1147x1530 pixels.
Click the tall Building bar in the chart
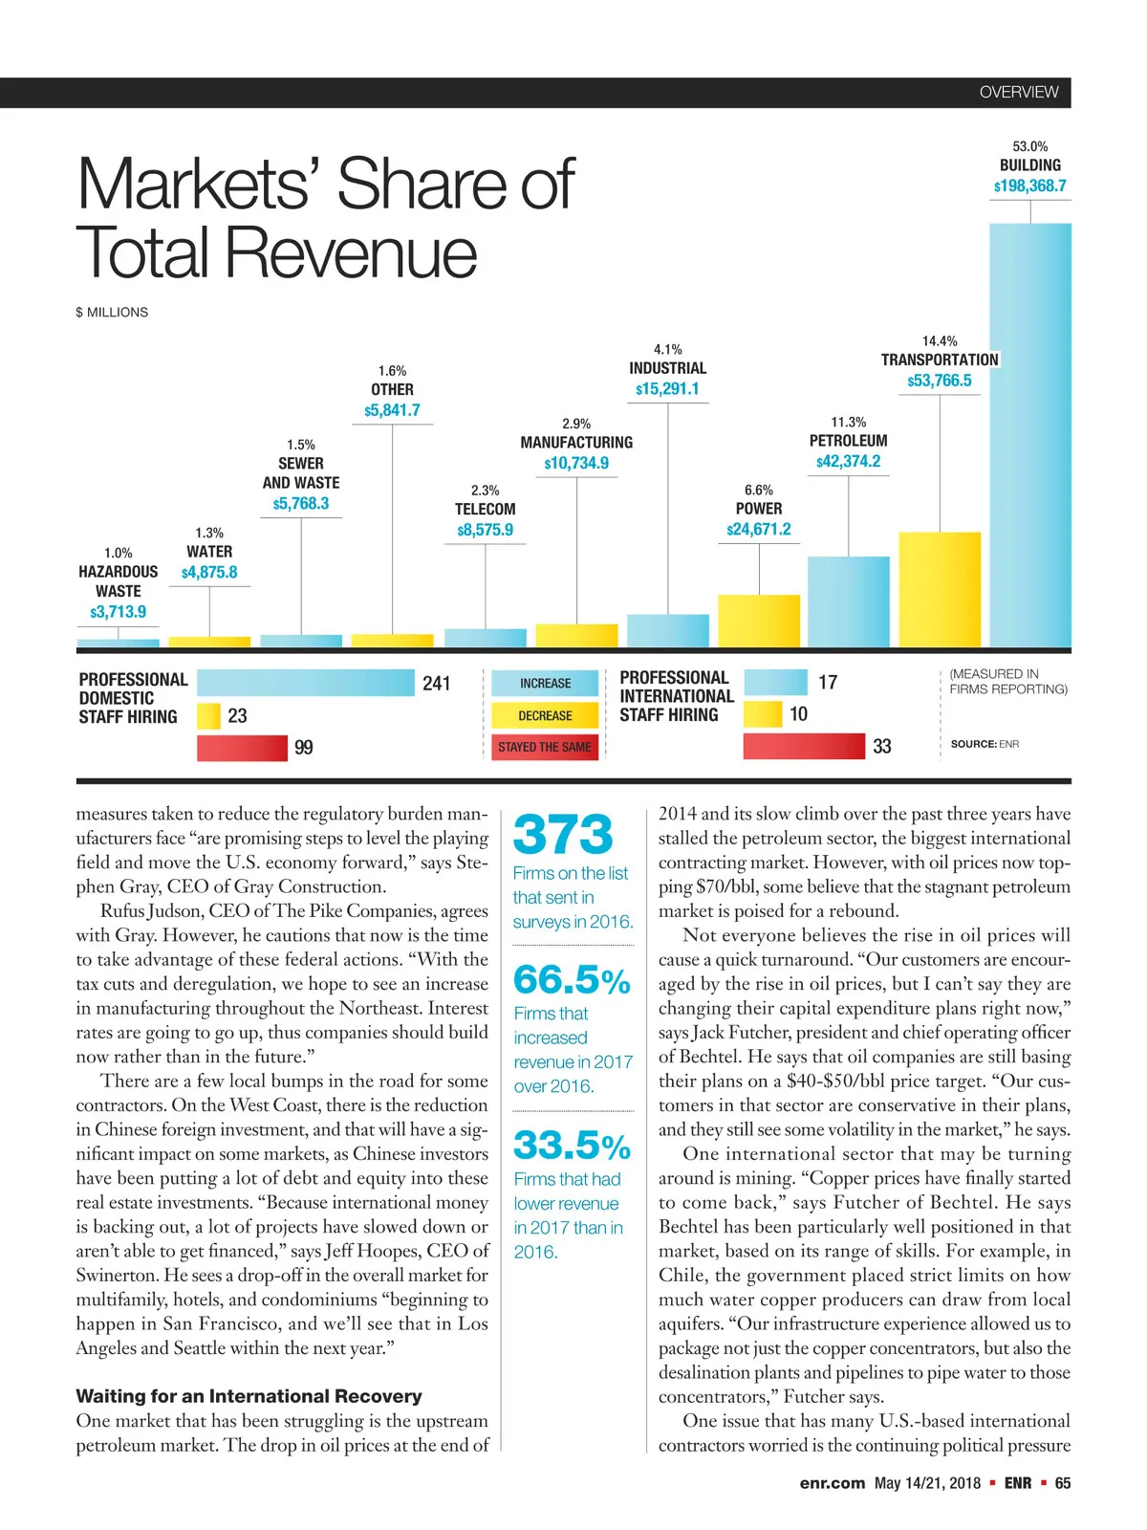click(x=1030, y=435)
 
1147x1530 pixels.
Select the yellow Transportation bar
click(x=940, y=589)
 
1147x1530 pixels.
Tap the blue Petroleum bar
click(x=848, y=601)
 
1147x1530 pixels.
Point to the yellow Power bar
click(x=759, y=621)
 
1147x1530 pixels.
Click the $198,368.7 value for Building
click(x=1030, y=186)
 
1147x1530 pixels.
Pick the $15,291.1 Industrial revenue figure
click(x=667, y=389)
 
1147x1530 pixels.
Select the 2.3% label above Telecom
click(x=485, y=491)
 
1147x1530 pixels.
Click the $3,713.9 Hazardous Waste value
click(x=119, y=612)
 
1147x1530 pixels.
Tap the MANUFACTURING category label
click(x=576, y=443)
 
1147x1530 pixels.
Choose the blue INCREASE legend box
click(x=545, y=684)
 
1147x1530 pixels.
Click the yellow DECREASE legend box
click(x=545, y=715)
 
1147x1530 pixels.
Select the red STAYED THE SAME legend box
click(x=545, y=747)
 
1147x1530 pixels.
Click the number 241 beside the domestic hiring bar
click(x=436, y=684)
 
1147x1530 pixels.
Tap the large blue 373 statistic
click(x=563, y=835)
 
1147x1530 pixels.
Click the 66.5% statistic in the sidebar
click(x=572, y=980)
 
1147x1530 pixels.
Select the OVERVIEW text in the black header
click(x=1019, y=93)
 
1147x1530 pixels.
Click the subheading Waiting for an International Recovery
click(x=249, y=1396)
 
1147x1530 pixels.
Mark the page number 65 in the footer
click(x=1063, y=1483)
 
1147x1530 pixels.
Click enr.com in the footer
click(x=832, y=1483)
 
